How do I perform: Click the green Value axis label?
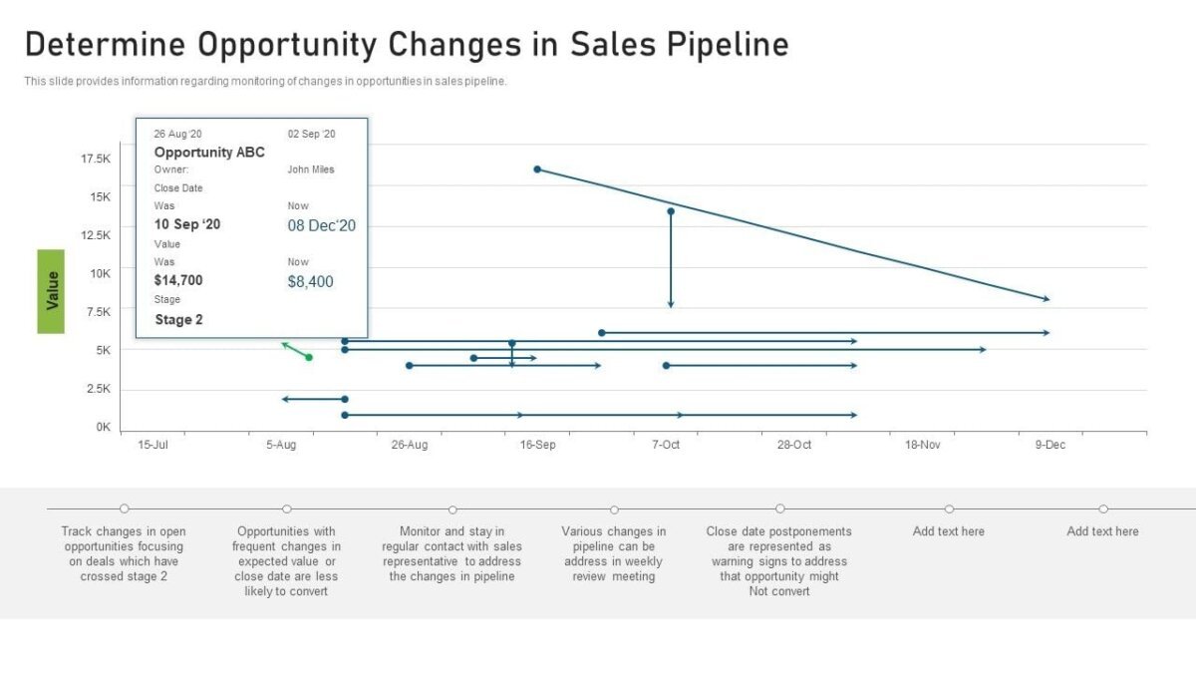pos(51,291)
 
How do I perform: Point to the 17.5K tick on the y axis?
pos(96,159)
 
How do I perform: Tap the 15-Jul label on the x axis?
pos(152,445)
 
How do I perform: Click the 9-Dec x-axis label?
pos(1049,445)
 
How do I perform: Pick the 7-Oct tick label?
pos(666,445)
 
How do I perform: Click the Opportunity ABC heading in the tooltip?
pos(209,153)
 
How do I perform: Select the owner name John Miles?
pos(311,169)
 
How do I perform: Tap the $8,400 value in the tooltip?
pos(311,282)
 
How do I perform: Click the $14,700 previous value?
pos(178,280)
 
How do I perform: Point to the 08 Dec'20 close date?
pos(322,225)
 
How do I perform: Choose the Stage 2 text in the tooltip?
pos(179,320)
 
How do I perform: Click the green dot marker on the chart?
pos(309,357)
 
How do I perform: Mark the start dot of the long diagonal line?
pos(537,169)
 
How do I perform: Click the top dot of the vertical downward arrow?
pos(671,211)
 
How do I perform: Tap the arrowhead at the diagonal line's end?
pos(1046,298)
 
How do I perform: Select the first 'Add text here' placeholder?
pos(948,531)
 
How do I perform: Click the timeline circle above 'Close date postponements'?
pos(779,508)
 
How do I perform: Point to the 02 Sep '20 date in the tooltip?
pos(312,134)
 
